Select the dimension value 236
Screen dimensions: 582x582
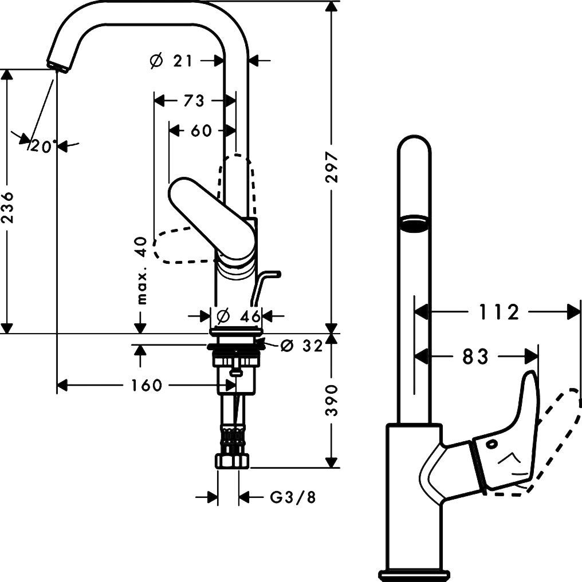(7, 208)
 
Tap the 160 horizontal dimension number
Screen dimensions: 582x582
(147, 385)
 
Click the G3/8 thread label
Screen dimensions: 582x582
(293, 497)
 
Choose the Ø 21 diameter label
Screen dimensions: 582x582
(171, 61)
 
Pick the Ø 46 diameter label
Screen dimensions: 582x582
(238, 316)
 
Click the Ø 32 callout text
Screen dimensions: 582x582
(301, 346)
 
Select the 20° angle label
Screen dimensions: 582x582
(44, 147)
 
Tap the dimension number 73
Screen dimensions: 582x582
(194, 101)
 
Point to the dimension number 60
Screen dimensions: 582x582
(201, 130)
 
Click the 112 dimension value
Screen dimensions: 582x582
(498, 312)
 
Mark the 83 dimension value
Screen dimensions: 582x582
(475, 357)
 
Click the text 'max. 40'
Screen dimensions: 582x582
(142, 271)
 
